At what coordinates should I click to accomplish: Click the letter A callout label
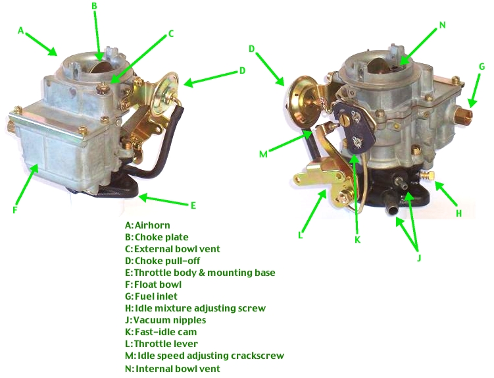(21, 30)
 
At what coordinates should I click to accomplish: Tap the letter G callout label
(482, 66)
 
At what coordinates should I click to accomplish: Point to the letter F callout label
(14, 211)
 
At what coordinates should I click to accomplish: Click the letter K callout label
(357, 240)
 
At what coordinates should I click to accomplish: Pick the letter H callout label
(459, 213)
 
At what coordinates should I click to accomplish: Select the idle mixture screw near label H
(428, 175)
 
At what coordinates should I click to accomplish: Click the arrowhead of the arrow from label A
(57, 54)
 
